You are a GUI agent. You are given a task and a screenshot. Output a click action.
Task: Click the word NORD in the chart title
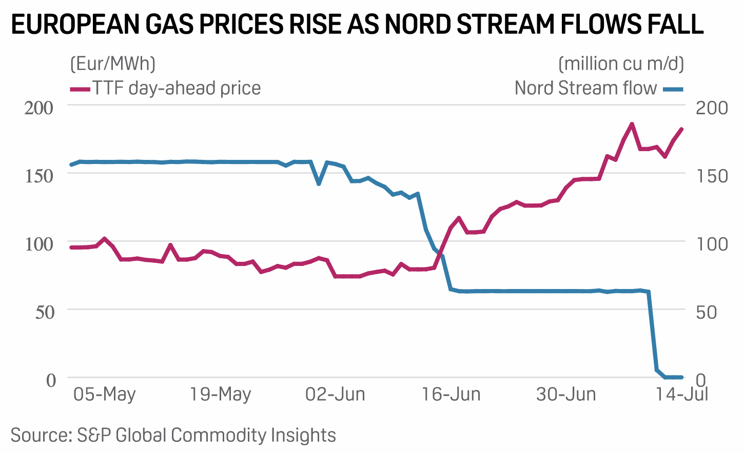tap(418, 24)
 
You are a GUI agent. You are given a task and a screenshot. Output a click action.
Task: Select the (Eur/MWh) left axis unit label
tap(113, 64)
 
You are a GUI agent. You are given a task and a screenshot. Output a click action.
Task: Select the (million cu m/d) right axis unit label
tap(621, 64)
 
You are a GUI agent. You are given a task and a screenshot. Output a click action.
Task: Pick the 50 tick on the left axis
tap(45, 312)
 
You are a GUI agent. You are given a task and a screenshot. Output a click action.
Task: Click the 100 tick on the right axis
tap(712, 243)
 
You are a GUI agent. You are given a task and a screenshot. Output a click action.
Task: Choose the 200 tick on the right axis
tap(712, 108)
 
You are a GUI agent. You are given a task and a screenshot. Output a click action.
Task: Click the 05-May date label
tap(105, 395)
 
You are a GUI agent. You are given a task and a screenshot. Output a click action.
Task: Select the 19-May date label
tap(221, 395)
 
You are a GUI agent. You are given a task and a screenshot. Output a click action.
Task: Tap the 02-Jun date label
tap(336, 395)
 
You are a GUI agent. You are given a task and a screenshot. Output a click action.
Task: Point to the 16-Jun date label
tap(451, 395)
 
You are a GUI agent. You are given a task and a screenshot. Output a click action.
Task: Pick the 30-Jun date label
tap(566, 395)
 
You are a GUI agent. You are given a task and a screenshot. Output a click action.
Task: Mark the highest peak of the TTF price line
tap(632, 124)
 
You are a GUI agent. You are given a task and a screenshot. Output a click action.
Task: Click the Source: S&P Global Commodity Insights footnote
tap(173, 435)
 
